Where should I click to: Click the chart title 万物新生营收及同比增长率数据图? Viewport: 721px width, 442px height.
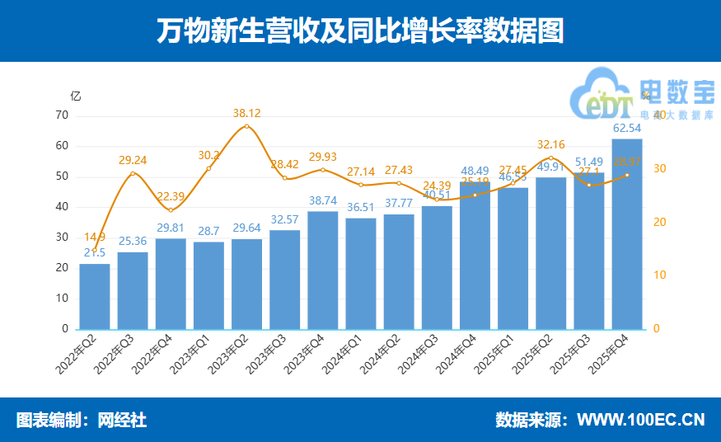tap(360, 31)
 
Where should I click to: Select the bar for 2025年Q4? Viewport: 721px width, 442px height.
tap(627, 234)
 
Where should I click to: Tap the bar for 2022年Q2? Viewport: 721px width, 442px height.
tap(95, 297)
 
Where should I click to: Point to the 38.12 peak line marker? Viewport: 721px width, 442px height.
tap(246, 126)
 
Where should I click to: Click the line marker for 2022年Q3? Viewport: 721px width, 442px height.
tap(133, 173)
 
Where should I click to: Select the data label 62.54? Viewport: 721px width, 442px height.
tap(627, 129)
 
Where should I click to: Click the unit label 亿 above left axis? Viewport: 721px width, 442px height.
tap(76, 96)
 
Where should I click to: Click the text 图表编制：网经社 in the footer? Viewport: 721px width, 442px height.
tap(82, 420)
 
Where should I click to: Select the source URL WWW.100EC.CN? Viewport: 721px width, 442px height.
tap(640, 420)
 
